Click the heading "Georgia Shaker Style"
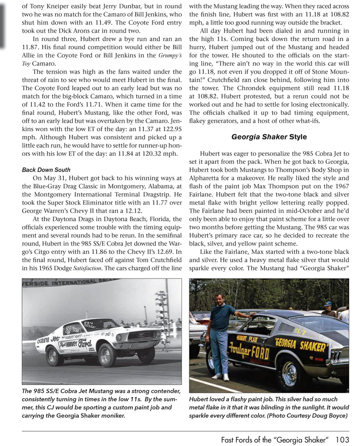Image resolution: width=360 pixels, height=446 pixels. click(269, 137)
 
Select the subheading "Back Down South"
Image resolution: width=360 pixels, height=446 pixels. click(46, 170)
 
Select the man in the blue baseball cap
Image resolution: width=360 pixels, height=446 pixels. click(328, 308)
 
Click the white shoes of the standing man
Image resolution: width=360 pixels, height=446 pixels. click(221, 376)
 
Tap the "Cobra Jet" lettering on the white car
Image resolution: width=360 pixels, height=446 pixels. click(48, 339)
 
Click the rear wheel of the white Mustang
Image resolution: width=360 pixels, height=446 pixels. click(54, 356)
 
